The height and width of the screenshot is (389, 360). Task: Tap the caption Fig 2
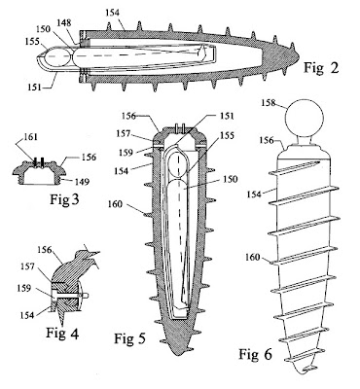[321, 68]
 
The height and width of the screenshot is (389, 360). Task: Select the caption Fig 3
[64, 199]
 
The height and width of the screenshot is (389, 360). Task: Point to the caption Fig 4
[62, 333]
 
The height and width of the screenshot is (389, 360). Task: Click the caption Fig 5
[130, 338]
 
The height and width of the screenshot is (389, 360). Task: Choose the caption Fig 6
[255, 354]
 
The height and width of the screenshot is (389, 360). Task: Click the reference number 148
[64, 22]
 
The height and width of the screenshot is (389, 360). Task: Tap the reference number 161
[31, 137]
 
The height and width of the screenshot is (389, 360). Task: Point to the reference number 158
[269, 103]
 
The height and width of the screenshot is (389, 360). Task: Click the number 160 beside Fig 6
[253, 258]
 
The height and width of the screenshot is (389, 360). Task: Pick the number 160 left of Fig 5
[115, 204]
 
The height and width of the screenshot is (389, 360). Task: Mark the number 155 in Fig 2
[33, 41]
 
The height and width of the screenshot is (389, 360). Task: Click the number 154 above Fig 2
[113, 13]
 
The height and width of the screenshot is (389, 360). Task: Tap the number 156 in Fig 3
[89, 157]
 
